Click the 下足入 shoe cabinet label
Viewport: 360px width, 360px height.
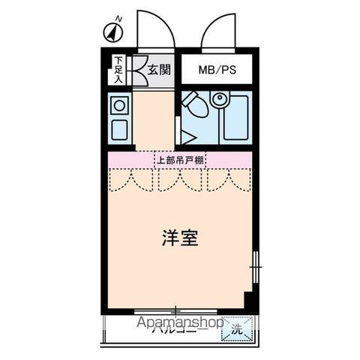(118, 70)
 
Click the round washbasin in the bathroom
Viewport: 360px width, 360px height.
(219, 99)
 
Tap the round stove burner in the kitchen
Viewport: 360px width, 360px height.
(118, 106)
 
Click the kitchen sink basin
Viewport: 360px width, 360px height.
(118, 129)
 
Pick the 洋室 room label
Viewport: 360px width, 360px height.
(180, 239)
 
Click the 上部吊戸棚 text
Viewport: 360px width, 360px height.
(180, 159)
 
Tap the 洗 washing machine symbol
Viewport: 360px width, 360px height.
(235, 328)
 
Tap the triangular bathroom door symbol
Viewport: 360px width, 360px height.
(187, 136)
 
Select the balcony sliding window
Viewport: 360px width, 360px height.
(175, 310)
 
